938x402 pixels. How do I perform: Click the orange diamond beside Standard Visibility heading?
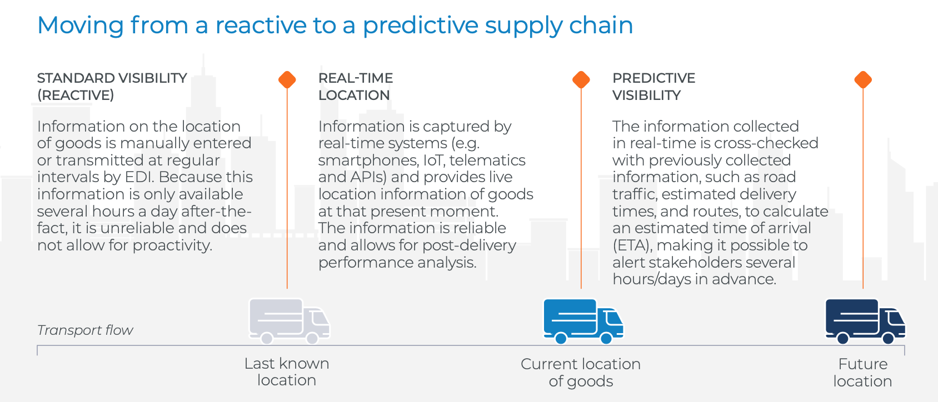click(287, 79)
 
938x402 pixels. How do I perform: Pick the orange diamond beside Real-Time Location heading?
click(581, 79)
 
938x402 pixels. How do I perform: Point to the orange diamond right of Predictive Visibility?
click(863, 79)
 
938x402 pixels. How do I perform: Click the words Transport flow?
click(85, 330)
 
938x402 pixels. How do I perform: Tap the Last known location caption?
click(287, 372)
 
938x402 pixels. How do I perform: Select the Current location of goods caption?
click(581, 373)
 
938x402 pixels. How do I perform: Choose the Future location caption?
click(862, 373)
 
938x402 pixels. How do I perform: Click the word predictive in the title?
click(420, 26)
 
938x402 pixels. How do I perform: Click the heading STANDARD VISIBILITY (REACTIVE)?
click(112, 87)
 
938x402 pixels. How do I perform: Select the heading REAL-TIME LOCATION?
click(356, 87)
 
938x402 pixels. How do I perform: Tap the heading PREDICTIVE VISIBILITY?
click(653, 87)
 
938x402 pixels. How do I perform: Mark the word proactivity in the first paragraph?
click(172, 245)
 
